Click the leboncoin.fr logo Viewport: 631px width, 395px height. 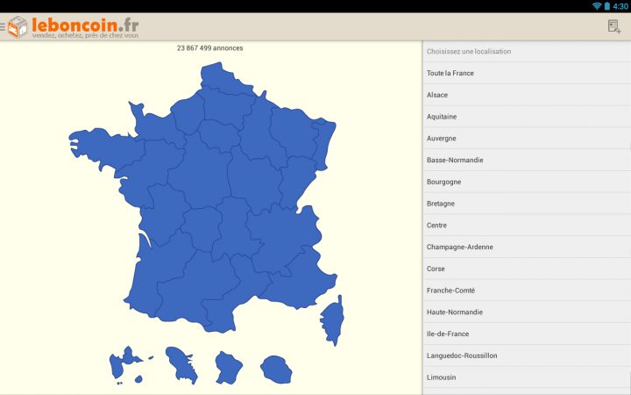[x=74, y=26]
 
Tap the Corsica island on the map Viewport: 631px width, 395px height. [x=333, y=320]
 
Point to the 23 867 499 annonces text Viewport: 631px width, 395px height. [x=210, y=48]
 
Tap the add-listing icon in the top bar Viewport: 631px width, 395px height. [x=614, y=26]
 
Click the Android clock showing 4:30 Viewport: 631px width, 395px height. [x=620, y=6]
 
